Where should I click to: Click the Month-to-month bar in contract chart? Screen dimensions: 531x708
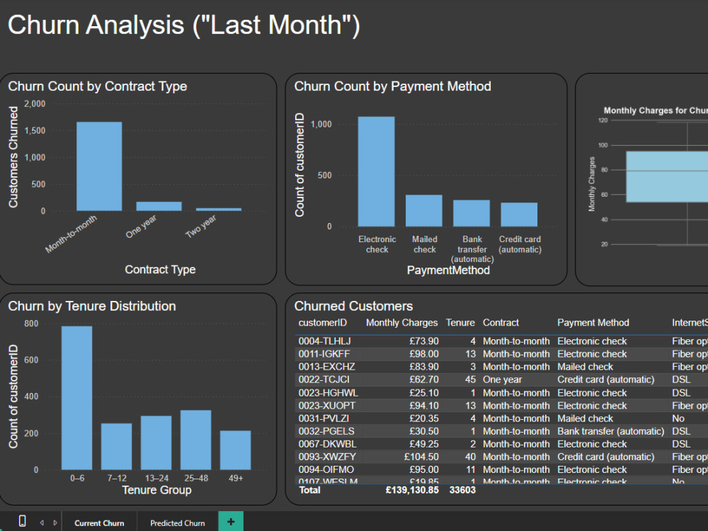99,166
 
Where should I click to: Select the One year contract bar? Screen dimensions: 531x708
159,206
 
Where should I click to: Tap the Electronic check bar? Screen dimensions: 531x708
376,171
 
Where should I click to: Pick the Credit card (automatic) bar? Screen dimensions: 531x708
519,215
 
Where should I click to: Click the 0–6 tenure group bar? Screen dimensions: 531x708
76,397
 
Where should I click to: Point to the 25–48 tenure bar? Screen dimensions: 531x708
195,440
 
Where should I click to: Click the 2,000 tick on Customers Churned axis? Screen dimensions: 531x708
35,104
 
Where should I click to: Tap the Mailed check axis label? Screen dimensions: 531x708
425,244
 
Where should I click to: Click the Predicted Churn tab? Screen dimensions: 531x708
178,523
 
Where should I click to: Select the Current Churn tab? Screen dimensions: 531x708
99,523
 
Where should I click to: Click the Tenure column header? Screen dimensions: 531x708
460,323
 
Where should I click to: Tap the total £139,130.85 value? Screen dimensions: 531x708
412,489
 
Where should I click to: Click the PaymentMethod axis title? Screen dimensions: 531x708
447,270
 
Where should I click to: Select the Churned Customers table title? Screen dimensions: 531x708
353,306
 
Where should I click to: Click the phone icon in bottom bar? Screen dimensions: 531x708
22,522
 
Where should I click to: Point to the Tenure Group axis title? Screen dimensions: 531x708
156,490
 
